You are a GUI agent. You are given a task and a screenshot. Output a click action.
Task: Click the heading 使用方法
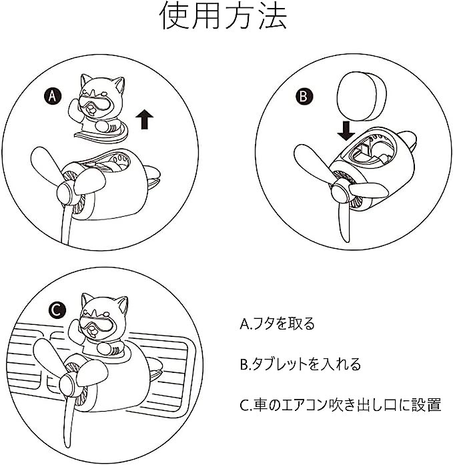pyautogui.click(x=223, y=16)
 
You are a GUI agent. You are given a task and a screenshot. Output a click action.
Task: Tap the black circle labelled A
pyautogui.click(x=52, y=96)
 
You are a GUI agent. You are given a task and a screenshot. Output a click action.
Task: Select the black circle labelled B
pyautogui.click(x=304, y=96)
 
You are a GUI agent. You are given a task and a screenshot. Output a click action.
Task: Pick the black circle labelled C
pyautogui.click(x=57, y=310)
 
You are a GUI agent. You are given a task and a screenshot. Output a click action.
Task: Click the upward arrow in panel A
pyautogui.click(x=144, y=119)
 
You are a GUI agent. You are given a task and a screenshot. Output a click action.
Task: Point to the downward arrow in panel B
pyautogui.click(x=346, y=131)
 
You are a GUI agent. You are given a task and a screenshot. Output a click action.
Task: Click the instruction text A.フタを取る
pyautogui.click(x=277, y=324)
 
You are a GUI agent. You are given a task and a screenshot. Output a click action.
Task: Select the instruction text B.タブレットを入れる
pyautogui.click(x=300, y=364)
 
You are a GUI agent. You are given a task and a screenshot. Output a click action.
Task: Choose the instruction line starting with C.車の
pyautogui.click(x=341, y=405)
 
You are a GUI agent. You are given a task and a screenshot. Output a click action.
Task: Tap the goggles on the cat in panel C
pyautogui.click(x=96, y=324)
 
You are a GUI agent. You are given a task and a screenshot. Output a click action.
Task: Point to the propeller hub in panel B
pyautogui.click(x=340, y=193)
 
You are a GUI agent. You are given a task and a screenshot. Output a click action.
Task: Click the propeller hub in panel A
pyautogui.click(x=65, y=193)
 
